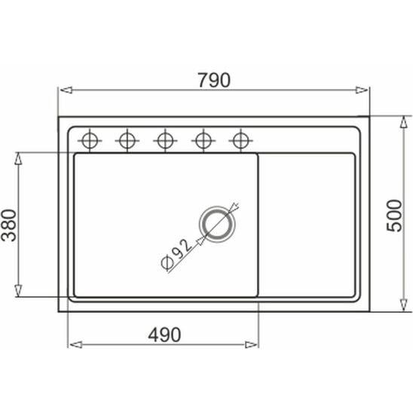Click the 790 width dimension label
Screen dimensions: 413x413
point(214,80)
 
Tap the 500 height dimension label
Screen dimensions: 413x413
point(394,216)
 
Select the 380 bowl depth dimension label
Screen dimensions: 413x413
point(9,225)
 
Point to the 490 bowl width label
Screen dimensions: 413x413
point(164,335)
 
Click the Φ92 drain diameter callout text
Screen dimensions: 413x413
point(176,255)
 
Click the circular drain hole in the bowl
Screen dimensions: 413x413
point(217,224)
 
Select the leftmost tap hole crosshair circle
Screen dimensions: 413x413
point(90,141)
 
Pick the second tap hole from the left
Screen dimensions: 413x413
point(127,141)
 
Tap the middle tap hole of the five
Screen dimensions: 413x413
point(165,141)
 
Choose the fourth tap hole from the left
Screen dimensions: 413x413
point(203,141)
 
